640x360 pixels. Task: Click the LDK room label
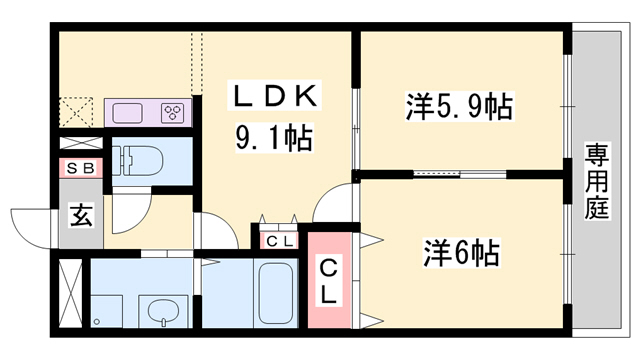click(x=275, y=95)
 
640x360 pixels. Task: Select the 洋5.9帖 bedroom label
click(x=459, y=107)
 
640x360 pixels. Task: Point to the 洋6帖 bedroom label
click(x=462, y=253)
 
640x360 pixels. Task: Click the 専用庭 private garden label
click(x=597, y=181)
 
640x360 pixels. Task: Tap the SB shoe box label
click(x=80, y=168)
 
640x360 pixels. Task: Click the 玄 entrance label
click(x=81, y=215)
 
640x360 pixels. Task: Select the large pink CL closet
click(x=329, y=280)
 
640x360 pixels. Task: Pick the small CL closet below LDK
click(x=280, y=241)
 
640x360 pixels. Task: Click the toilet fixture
click(x=138, y=160)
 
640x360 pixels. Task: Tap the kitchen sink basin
click(x=127, y=113)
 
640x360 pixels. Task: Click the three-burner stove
click(x=173, y=112)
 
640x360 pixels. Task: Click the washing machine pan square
click(x=106, y=311)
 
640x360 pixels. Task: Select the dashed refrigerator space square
click(x=76, y=112)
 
